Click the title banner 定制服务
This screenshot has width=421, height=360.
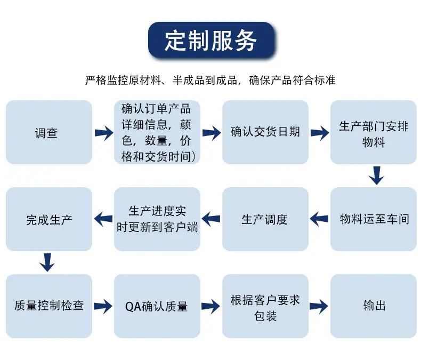211,40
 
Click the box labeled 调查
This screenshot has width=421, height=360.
49,132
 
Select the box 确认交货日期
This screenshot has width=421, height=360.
265,132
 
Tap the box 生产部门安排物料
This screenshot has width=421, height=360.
374,132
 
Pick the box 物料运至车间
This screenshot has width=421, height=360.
374,219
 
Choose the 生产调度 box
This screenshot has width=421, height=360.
265,219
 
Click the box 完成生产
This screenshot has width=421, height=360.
49,219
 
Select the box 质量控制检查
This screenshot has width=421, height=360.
49,306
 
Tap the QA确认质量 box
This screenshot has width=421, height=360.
157,306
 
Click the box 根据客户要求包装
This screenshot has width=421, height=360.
265,306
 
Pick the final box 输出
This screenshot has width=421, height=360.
374,306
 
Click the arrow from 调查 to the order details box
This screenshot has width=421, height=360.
104,133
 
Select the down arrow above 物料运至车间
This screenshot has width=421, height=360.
376,175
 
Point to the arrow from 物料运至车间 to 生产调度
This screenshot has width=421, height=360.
319,219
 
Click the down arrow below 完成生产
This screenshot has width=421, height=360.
47,262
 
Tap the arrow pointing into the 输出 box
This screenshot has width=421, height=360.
319,306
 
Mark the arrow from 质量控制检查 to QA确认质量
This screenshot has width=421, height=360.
103,306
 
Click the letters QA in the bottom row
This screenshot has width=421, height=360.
133,307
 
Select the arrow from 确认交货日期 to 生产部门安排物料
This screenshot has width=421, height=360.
320,133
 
